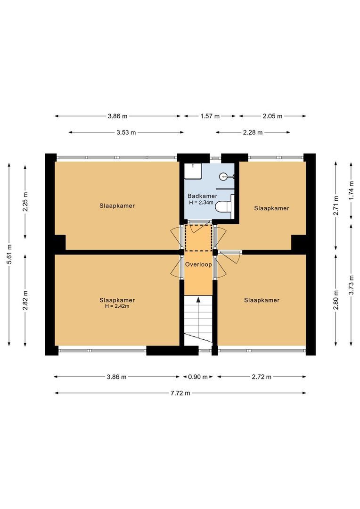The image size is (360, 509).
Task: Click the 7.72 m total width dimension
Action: pyautogui.click(x=180, y=393)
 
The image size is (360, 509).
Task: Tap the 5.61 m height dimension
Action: pyautogui.click(x=9, y=255)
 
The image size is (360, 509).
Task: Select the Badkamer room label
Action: pyautogui.click(x=202, y=196)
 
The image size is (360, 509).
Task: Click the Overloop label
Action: pyautogui.click(x=198, y=265)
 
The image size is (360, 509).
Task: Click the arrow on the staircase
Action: pyautogui.click(x=198, y=300)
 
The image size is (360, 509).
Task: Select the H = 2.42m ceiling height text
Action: pyautogui.click(x=117, y=306)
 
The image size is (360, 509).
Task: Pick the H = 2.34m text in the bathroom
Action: pyautogui.click(x=202, y=203)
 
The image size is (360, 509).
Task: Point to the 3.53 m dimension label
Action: pyautogui.click(x=126, y=132)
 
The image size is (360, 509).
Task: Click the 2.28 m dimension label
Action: pyautogui.click(x=253, y=132)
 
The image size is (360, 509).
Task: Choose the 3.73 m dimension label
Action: pyautogui.click(x=352, y=284)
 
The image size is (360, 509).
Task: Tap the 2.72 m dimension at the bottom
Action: pyautogui.click(x=262, y=377)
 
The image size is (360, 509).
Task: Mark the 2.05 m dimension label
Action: pyautogui.click(x=272, y=116)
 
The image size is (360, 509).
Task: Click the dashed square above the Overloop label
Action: pyautogui.click(x=198, y=238)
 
